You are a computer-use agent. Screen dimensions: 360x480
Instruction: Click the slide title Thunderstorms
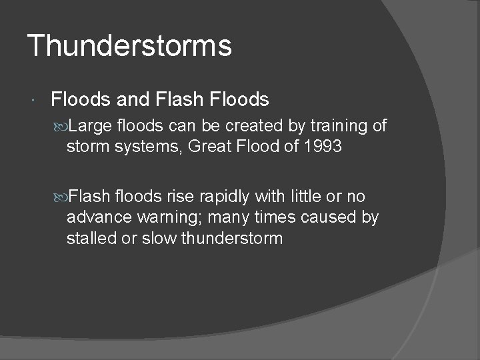(x=130, y=46)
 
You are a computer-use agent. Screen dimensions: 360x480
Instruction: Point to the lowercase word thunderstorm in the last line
(x=232, y=238)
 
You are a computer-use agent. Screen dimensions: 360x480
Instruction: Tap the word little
(x=295, y=197)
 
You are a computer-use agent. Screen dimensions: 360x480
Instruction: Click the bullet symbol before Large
(x=61, y=127)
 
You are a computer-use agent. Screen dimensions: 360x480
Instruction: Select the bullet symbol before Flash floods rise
(x=61, y=197)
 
